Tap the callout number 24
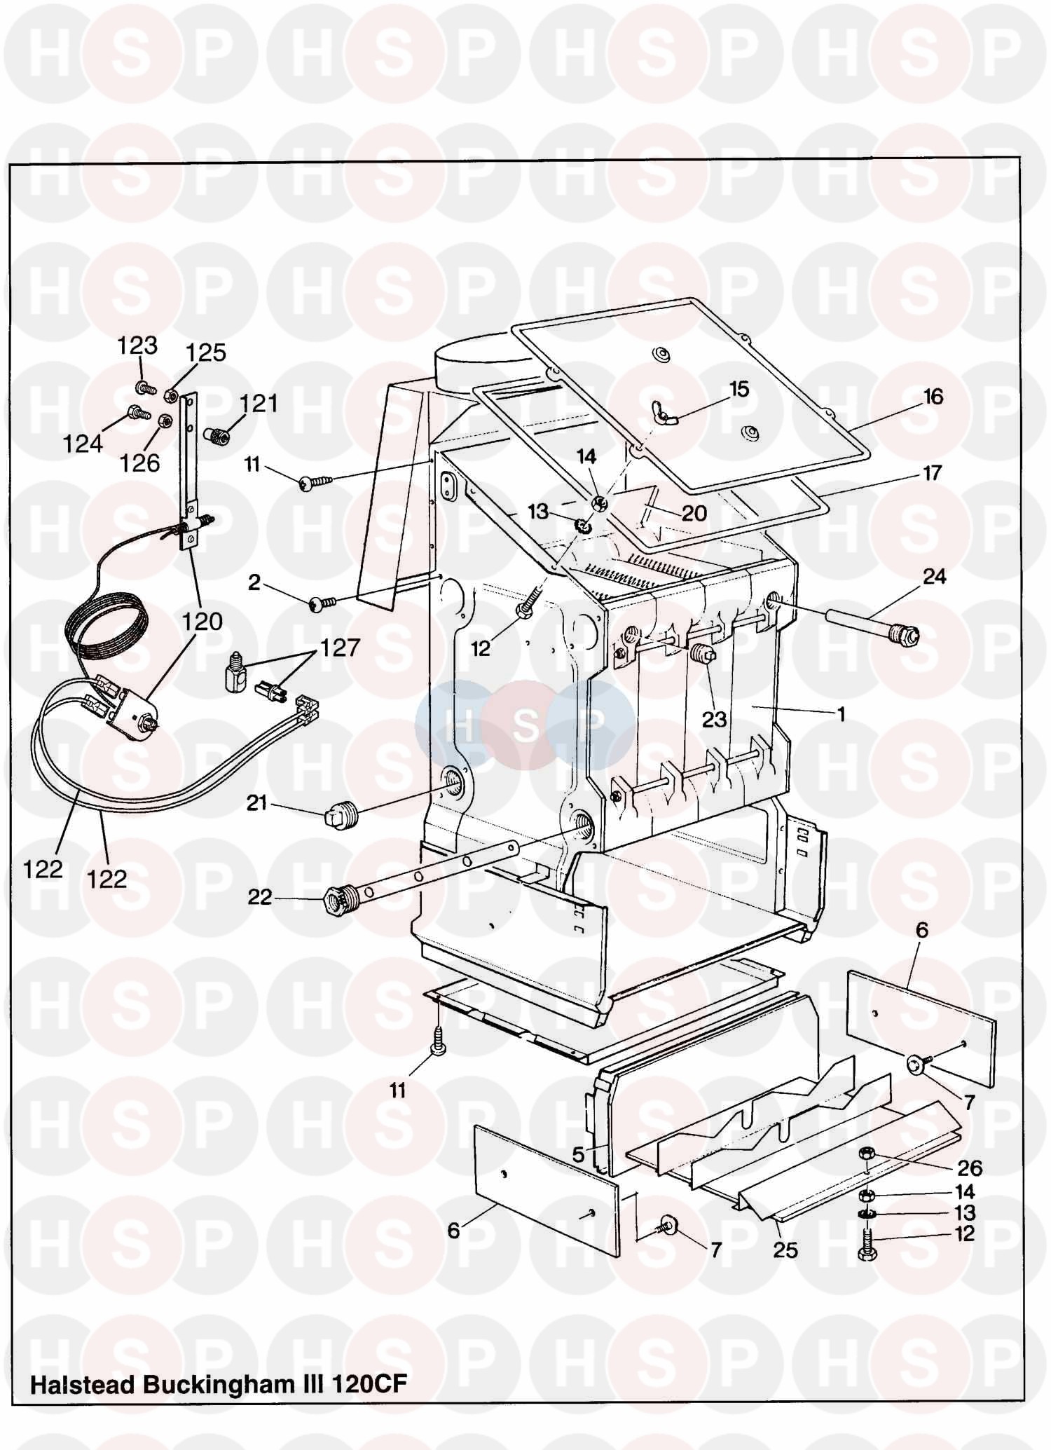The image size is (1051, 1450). click(x=934, y=577)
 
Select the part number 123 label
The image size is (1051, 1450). click(x=137, y=346)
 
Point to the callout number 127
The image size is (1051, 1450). click(x=340, y=648)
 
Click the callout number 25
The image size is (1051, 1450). click(x=785, y=1250)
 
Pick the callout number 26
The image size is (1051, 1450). click(x=970, y=1168)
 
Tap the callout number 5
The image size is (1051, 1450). click(x=578, y=1154)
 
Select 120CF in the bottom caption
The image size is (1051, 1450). click(x=369, y=1384)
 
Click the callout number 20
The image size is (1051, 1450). click(x=694, y=514)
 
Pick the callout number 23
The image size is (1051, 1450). click(x=714, y=719)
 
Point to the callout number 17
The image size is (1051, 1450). click(x=932, y=473)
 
